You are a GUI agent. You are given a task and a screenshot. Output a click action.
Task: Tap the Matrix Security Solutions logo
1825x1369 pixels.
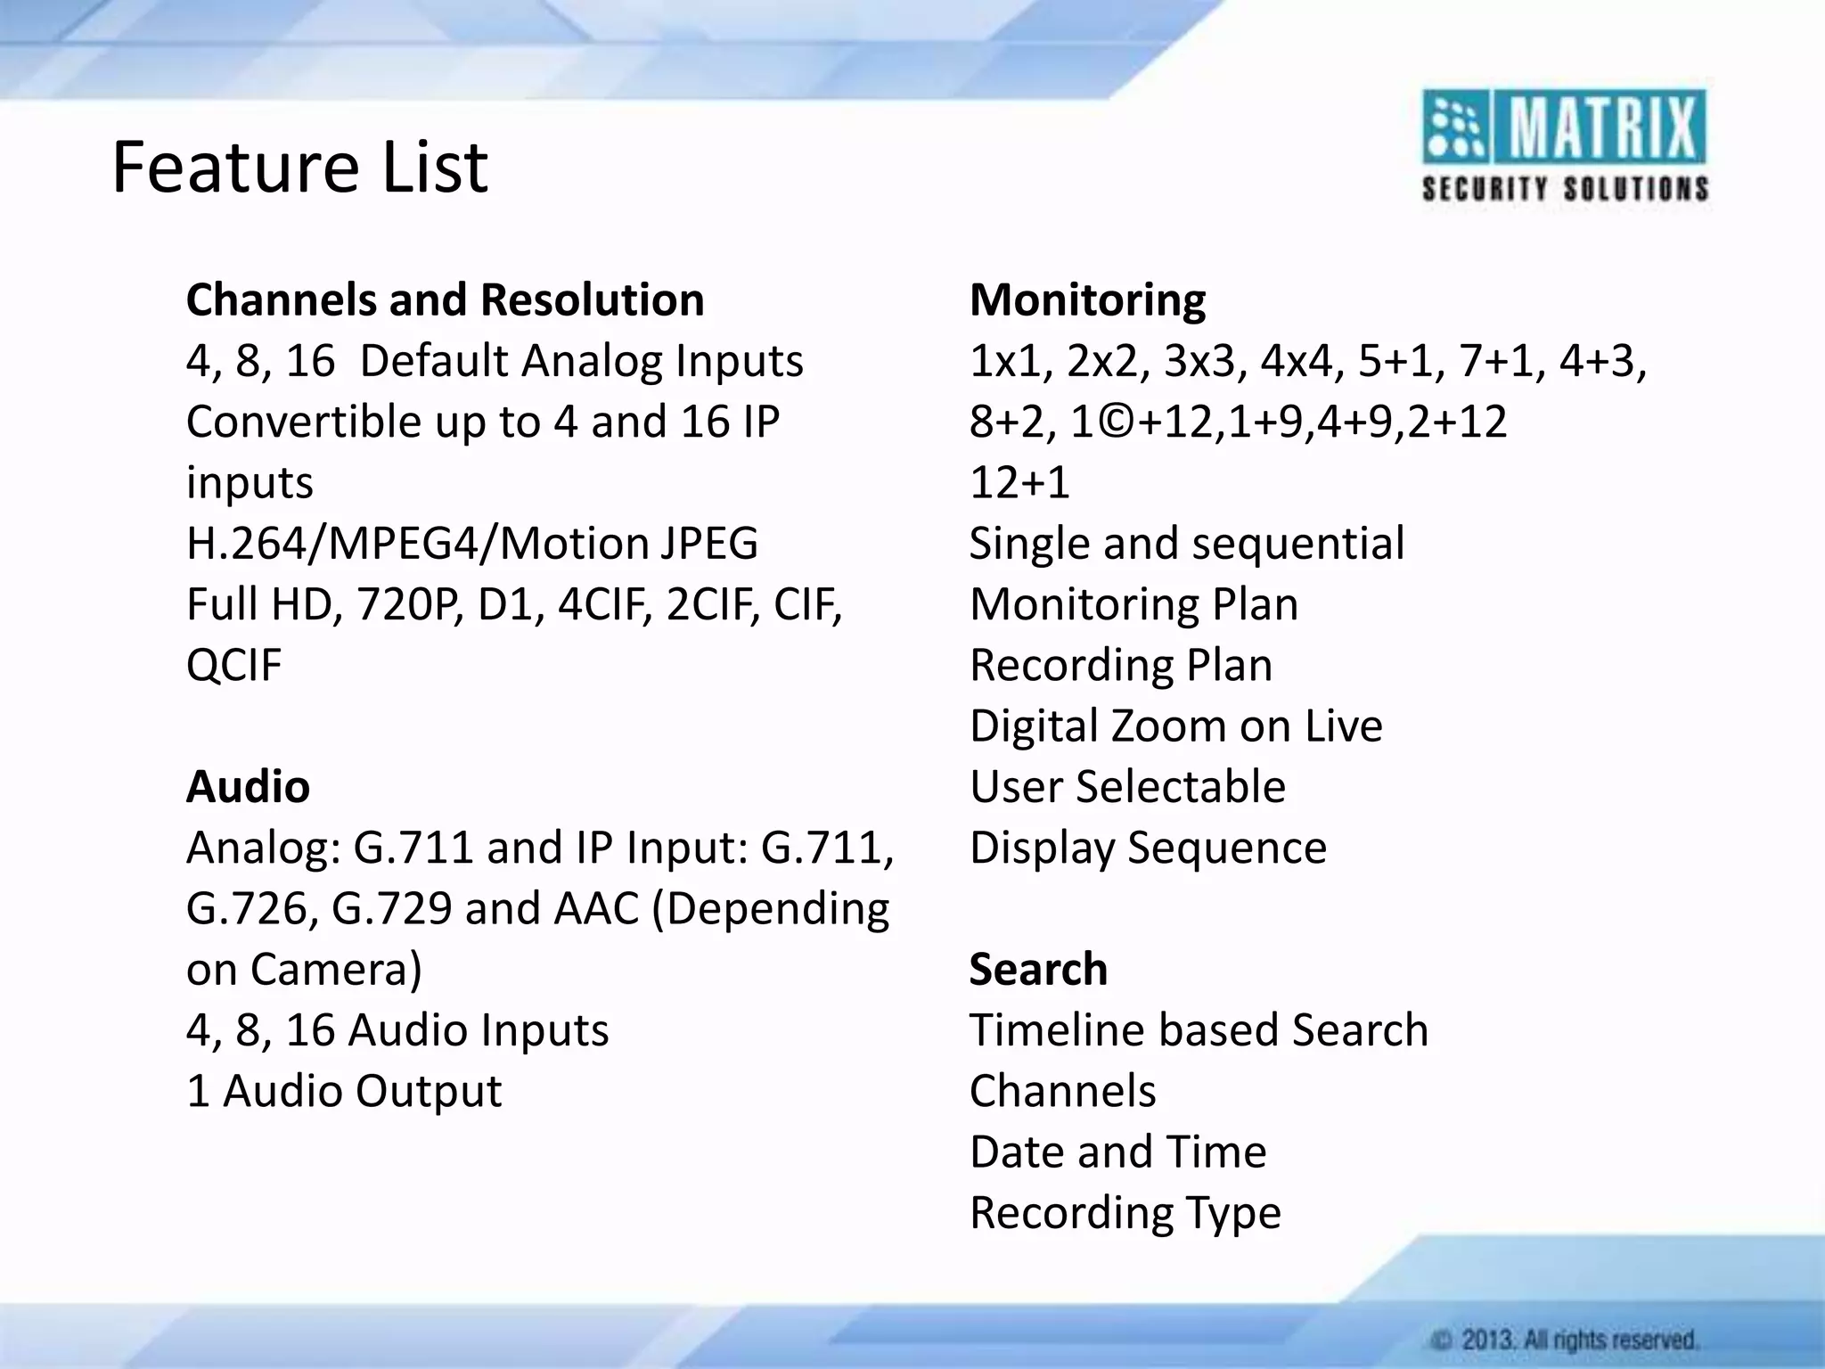(1565, 146)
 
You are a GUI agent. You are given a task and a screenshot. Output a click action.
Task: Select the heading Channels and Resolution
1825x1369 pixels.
(445, 300)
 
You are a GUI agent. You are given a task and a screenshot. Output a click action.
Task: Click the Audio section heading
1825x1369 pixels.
(248, 787)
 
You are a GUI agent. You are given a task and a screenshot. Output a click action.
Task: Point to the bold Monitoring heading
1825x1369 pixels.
(1087, 300)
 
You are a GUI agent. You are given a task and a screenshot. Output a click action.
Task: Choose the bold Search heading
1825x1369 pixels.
(1038, 970)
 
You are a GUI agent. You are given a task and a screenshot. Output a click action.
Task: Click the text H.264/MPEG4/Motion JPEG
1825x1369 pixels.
(471, 544)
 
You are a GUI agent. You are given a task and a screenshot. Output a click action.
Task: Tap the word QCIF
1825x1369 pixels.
(233, 666)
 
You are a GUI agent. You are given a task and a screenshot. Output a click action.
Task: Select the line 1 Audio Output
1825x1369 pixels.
(344, 1091)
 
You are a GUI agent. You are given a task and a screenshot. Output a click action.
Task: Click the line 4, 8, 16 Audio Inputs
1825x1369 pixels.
(397, 1030)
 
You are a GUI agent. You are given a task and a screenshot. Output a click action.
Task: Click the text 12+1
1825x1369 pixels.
(1019, 483)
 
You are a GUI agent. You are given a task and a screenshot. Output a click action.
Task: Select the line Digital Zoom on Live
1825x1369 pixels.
(1175, 726)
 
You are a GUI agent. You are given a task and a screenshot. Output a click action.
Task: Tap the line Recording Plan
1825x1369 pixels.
(1120, 666)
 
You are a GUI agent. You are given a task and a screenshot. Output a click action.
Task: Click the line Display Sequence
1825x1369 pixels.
(1148, 848)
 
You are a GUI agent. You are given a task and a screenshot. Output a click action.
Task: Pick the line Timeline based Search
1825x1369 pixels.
(1199, 1030)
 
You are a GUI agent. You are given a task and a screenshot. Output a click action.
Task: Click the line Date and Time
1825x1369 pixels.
(1117, 1152)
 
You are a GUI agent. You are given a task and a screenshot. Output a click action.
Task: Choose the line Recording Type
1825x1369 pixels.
(1125, 1213)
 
